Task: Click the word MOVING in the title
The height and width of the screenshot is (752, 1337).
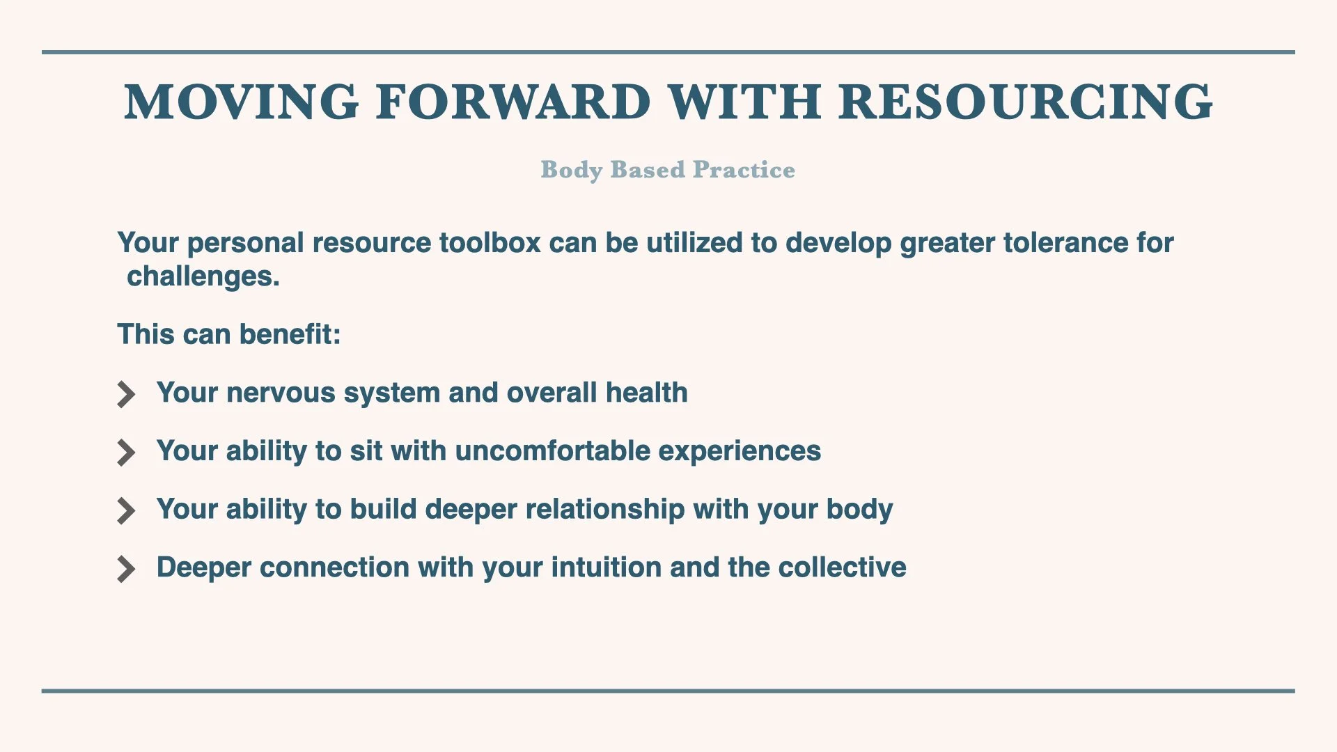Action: pos(242,102)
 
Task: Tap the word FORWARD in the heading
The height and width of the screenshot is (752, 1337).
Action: pos(513,102)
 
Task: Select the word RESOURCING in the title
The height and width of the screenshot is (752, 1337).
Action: pos(1026,102)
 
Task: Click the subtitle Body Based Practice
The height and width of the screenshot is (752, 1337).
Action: pos(668,170)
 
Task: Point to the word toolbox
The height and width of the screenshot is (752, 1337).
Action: pos(490,243)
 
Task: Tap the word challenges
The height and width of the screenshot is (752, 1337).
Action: pos(203,277)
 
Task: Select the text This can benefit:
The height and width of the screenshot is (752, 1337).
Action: pos(229,334)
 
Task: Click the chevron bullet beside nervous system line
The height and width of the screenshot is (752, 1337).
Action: pos(126,394)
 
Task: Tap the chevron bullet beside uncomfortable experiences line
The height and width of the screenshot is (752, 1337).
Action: pos(126,453)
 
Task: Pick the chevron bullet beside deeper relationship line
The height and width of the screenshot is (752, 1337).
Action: pos(126,510)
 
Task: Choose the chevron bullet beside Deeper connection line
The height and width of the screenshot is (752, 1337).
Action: pos(126,569)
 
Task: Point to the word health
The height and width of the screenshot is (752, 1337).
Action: pos(646,393)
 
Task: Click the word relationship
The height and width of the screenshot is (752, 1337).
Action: pos(605,510)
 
